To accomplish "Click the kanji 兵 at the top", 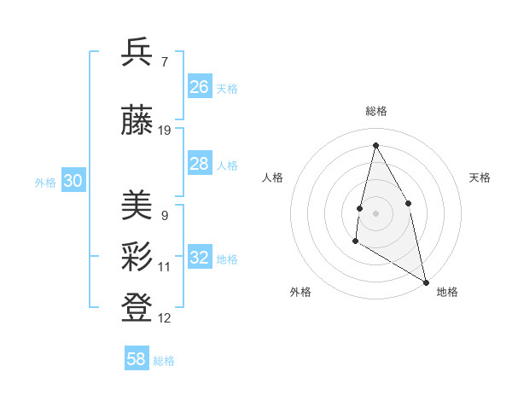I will [137, 53].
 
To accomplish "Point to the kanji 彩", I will [137, 255].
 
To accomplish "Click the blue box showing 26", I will [200, 87].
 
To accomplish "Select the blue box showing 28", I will [200, 164].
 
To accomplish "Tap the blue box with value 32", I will [200, 258].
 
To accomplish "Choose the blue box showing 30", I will [73, 181].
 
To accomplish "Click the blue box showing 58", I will [137, 359].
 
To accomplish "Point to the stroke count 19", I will [165, 131].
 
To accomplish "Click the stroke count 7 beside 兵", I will [164, 61].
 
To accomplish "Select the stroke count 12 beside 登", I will [165, 318].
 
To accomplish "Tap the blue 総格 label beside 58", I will [164, 361].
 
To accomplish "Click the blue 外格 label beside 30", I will [45, 183].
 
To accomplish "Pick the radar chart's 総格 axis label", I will [375, 111].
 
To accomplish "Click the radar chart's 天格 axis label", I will [480, 177].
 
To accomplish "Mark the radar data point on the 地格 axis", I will [427, 282].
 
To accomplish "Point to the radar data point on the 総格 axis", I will [375, 145].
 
